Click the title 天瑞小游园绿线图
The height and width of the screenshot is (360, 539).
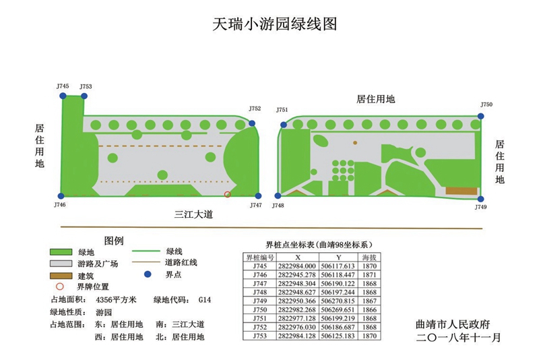pos(274,25)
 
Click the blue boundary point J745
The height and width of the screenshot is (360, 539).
pos(63,96)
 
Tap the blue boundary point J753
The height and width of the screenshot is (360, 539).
pos(84,96)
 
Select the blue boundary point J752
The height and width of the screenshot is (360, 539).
pos(252,123)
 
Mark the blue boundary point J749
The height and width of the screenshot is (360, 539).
pos(480,199)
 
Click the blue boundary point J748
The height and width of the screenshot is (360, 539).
pos(278,196)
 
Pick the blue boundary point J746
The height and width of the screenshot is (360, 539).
pos(61,196)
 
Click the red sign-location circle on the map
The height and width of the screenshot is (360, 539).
pos(228,194)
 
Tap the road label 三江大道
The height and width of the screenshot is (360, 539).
pos(193,214)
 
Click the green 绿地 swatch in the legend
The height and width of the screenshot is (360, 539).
pos(61,251)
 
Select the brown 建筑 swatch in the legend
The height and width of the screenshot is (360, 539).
pos(61,276)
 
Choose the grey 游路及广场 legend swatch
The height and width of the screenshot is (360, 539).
pos(61,264)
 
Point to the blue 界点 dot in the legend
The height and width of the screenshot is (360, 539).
pos(148,274)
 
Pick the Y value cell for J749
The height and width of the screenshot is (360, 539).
pos(338,300)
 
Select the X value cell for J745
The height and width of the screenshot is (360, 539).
pos(297,266)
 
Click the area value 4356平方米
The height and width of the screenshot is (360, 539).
pos(117,299)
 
